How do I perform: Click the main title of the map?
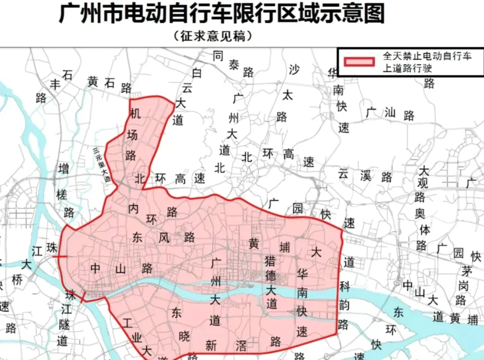pos(222,15)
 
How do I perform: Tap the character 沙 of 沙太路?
pos(294,69)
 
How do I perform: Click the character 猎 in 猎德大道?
pos(270,262)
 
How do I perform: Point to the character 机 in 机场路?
pos(135,113)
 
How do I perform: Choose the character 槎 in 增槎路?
pos(62,195)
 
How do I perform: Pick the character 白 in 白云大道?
pos(197,74)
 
